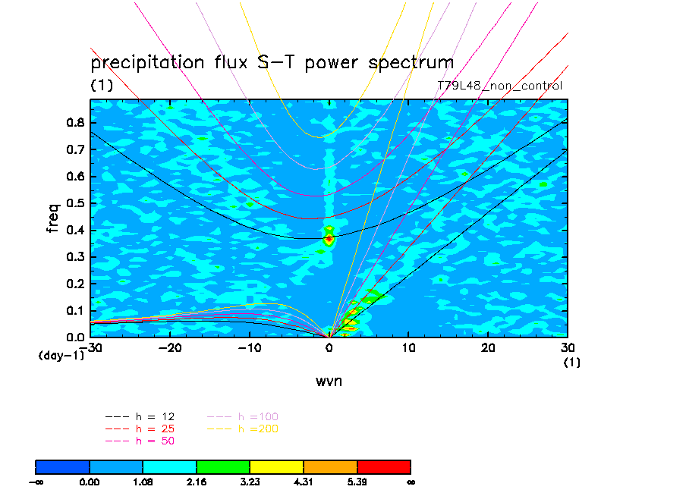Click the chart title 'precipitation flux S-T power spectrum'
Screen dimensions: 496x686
coord(272,62)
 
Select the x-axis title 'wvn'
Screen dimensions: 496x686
coord(329,381)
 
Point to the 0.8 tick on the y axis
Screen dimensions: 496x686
coord(75,122)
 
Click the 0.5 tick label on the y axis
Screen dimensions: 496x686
coord(75,203)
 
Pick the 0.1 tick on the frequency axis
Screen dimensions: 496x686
coord(75,310)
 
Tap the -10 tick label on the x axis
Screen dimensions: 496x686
coord(250,347)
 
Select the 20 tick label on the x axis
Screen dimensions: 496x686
coord(488,347)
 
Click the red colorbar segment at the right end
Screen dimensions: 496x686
coord(384,466)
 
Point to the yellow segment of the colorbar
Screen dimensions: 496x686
coord(277,466)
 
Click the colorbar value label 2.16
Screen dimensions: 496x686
coord(197,482)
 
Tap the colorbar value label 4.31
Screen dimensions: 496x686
coord(304,482)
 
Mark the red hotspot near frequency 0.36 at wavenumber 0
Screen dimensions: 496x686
coord(329,240)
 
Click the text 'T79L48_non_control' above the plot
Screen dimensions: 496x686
coord(500,86)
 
